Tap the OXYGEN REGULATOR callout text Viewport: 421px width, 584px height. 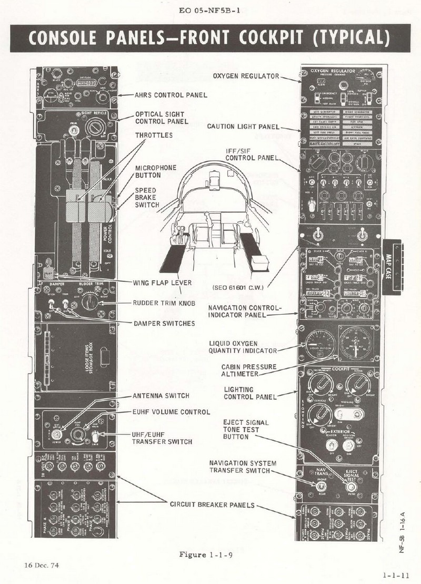[246, 76]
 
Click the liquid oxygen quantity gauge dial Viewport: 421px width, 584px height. [317, 343]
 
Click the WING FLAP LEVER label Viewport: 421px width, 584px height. [162, 283]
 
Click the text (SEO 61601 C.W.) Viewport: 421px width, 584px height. [237, 288]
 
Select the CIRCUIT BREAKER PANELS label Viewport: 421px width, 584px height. [212, 504]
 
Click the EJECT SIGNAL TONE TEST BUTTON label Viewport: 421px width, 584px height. [246, 430]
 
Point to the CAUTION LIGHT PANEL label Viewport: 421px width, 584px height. [243, 126]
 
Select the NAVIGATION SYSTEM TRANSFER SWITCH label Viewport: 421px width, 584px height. [243, 466]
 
